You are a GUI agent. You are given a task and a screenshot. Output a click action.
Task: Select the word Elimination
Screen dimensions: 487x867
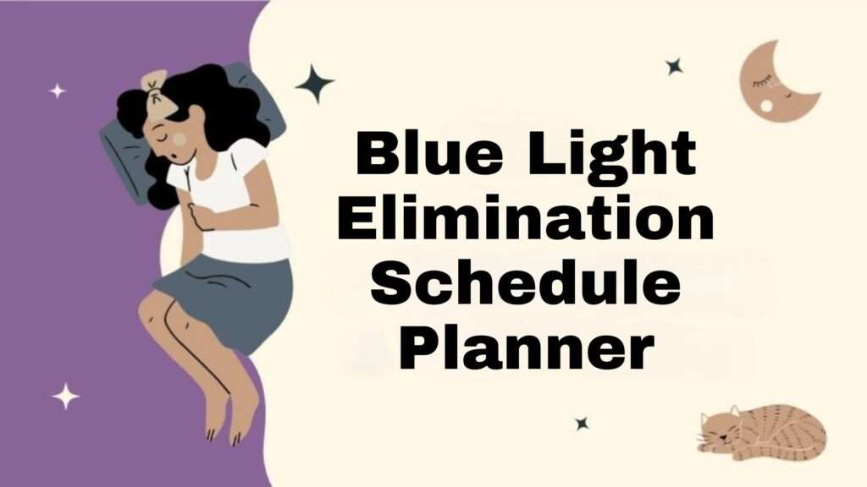pyautogui.click(x=525, y=220)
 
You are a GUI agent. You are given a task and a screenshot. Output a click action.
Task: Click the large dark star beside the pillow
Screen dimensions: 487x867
pyautogui.click(x=314, y=84)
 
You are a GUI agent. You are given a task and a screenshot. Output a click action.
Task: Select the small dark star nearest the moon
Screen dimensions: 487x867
pyautogui.click(x=674, y=66)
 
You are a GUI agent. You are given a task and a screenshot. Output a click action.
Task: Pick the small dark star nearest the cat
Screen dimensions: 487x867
pyautogui.click(x=582, y=423)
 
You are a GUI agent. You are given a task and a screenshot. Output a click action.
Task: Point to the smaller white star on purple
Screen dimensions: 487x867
pyautogui.click(x=57, y=90)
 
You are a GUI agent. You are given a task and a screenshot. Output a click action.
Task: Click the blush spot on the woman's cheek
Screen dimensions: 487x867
pyautogui.click(x=179, y=137)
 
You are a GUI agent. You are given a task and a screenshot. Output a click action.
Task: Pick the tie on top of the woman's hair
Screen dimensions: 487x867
pyautogui.click(x=156, y=83)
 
